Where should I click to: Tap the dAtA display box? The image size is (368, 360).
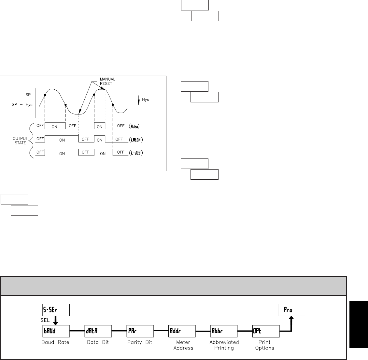98,331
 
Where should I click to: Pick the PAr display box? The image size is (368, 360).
140,331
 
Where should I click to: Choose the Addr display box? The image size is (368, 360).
182,331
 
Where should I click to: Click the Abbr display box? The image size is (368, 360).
224,331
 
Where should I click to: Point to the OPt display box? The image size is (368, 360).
266,331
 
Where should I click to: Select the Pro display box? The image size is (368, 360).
291,310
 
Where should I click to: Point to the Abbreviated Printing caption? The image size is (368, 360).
224,345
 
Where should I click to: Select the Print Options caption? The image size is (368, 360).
265,345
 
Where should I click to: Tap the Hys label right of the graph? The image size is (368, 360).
146,99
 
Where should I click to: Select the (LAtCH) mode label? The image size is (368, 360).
136,140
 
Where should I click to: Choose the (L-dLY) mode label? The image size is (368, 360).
136,153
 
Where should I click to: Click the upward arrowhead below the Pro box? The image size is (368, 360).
291,319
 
